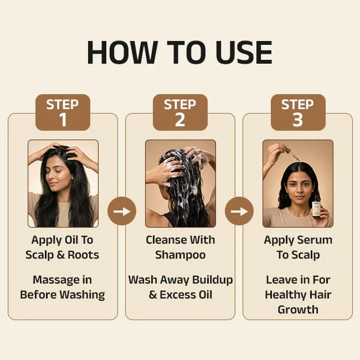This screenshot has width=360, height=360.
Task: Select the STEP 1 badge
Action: click(63, 112)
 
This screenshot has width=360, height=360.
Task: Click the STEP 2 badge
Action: click(180, 112)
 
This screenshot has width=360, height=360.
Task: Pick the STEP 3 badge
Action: click(298, 112)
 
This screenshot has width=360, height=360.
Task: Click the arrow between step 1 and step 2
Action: click(122, 211)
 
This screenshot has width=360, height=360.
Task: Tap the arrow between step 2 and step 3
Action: click(239, 211)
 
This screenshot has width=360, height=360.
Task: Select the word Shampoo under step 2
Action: click(180, 255)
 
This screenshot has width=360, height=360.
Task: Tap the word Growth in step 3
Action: click(298, 310)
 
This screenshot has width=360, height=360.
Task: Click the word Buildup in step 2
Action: click(212, 280)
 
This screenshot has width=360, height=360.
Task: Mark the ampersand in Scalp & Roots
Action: click(60, 255)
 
